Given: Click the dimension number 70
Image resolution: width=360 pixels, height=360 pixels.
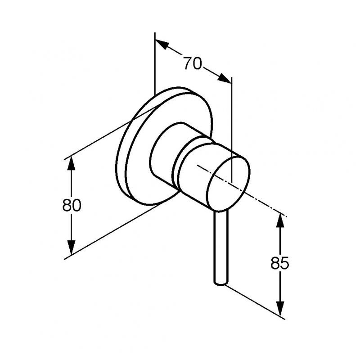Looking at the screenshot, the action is click(193, 63).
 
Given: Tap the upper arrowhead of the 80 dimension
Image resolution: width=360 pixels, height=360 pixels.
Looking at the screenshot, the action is click(72, 163).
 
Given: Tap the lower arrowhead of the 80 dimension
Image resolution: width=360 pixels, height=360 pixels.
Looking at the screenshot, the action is click(72, 247).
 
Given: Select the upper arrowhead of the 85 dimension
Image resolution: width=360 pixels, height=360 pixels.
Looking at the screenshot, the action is click(279, 221).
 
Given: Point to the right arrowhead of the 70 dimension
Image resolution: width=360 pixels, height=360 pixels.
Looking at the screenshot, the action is click(224, 78).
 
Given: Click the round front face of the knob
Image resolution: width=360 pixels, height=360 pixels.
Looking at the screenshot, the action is click(229, 183).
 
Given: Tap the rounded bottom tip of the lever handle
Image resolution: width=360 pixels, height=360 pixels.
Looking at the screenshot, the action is click(221, 283).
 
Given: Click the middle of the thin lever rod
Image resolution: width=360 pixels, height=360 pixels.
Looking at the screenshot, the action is click(221, 247).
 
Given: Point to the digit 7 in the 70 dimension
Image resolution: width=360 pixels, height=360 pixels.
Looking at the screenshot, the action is click(188, 63).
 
